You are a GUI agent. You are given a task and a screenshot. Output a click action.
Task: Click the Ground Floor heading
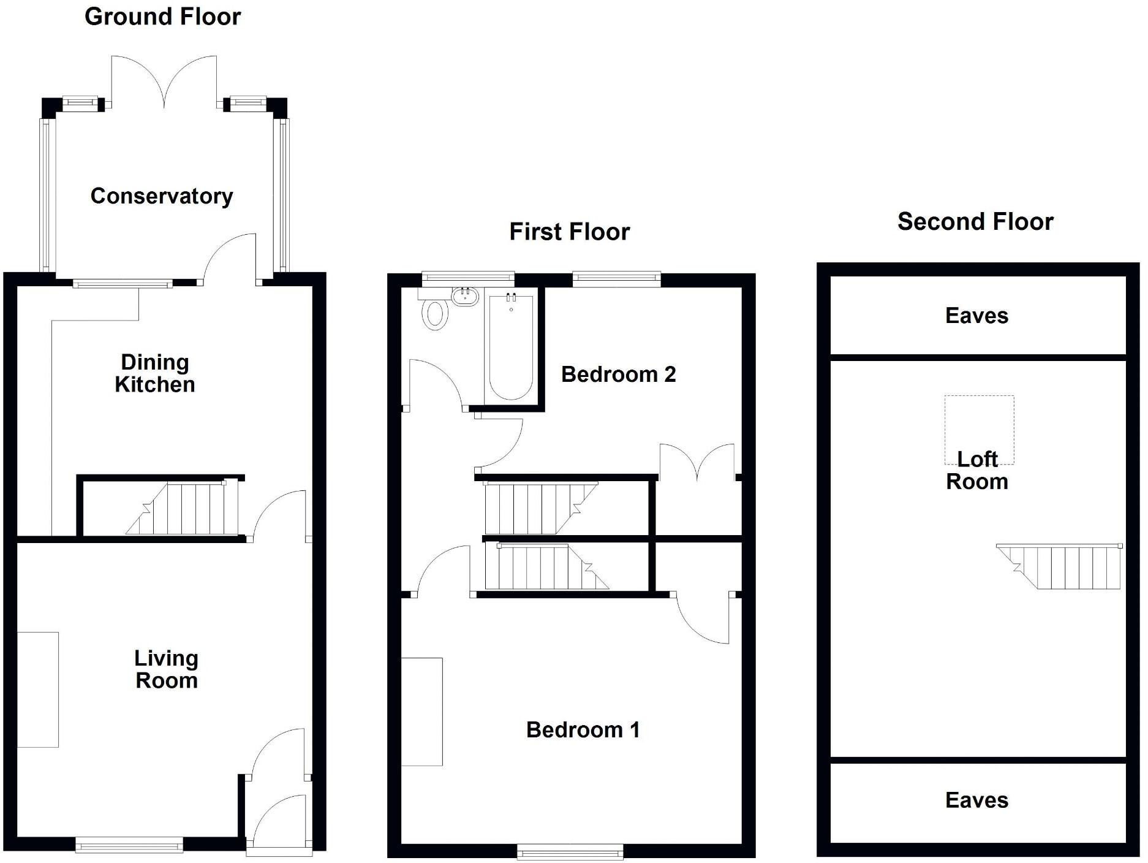[x=162, y=17]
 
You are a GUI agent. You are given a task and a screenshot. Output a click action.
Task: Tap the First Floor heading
[x=569, y=232]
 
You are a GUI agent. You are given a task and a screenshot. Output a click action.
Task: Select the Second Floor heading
[x=975, y=222]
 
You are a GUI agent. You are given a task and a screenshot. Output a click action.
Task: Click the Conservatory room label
[x=162, y=196]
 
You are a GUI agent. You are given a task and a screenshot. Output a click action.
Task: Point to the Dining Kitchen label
[x=154, y=373]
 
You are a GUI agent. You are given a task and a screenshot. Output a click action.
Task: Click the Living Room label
[x=166, y=669]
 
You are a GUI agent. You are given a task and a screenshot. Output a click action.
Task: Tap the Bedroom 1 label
[x=583, y=730]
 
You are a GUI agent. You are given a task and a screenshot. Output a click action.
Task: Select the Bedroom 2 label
[x=618, y=374]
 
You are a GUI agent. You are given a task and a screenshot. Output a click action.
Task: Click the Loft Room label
[x=976, y=471]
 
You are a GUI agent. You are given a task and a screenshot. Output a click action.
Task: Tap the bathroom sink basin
[x=465, y=297]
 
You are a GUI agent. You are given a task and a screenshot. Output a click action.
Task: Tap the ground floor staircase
[x=184, y=509]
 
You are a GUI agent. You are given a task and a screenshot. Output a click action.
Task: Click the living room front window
[x=129, y=846]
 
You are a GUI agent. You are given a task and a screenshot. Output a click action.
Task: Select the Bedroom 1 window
[x=570, y=851]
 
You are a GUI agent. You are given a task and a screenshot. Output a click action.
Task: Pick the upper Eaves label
[x=976, y=316]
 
